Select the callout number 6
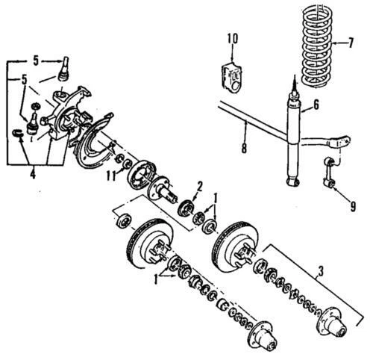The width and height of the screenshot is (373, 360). point(316,105)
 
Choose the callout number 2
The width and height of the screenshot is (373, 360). point(199,185)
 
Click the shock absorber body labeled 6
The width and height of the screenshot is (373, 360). point(292,142)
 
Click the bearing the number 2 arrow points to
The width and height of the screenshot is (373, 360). point(184,205)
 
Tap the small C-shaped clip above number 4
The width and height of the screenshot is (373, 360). point(19,133)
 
